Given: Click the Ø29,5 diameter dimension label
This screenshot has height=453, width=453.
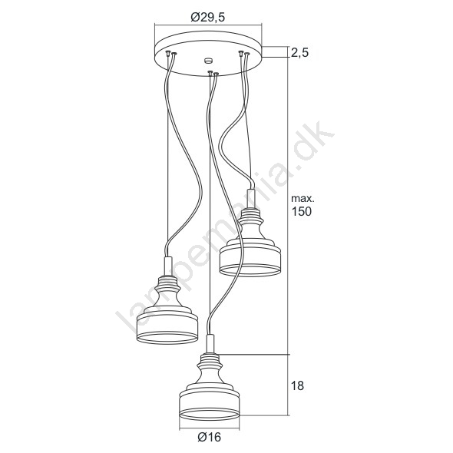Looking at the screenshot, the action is click(207, 18).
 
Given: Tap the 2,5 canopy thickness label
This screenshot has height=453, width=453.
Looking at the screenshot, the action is click(300, 53).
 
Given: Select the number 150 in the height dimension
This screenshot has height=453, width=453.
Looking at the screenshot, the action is click(301, 211).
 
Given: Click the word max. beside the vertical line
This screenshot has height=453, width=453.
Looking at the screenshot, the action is click(303, 199).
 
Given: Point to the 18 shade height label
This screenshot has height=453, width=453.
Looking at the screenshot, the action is click(297, 385).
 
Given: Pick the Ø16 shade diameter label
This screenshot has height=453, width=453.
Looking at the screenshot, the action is click(209, 437).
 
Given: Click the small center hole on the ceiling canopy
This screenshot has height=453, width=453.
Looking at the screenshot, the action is click(208, 61).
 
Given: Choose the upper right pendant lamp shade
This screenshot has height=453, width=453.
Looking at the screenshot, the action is click(250, 242).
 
